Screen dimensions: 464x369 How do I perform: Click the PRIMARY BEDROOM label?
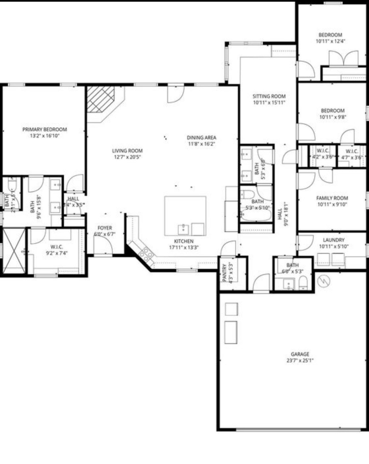[45, 129]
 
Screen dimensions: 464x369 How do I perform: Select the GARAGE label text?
[300, 354]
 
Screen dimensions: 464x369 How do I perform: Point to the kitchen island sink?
[183, 229]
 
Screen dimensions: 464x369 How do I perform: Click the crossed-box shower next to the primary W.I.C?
[14, 251]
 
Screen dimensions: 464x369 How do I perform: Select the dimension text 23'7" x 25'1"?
[300, 361]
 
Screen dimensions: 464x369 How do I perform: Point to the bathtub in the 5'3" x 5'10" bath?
[256, 215]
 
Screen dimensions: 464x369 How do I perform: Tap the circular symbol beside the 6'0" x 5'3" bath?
[324, 281]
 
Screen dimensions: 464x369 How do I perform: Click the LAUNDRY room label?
[334, 240]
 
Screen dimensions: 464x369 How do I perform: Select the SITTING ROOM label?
[269, 96]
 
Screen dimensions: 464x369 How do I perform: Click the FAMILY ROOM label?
[332, 198]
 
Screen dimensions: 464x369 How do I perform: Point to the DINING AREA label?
[201, 138]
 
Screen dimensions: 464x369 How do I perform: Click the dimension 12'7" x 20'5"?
[127, 157]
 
